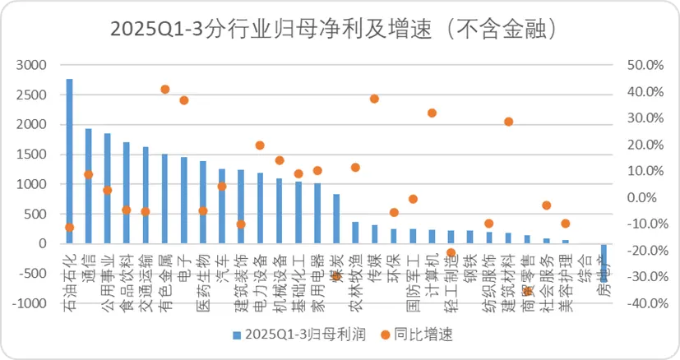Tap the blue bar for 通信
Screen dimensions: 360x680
[x=88, y=186]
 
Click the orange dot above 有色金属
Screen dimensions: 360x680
[x=164, y=89]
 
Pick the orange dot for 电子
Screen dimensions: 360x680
[x=183, y=100]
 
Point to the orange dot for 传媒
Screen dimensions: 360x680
[x=374, y=99]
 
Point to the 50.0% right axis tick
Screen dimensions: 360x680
[x=645, y=65]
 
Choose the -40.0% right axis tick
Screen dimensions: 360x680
[x=644, y=303]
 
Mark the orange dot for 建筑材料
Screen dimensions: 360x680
[x=508, y=122]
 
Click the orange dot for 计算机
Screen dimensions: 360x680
[x=432, y=113]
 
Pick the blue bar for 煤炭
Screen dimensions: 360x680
[x=336, y=219]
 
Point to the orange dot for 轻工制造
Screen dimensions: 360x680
[x=451, y=253]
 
